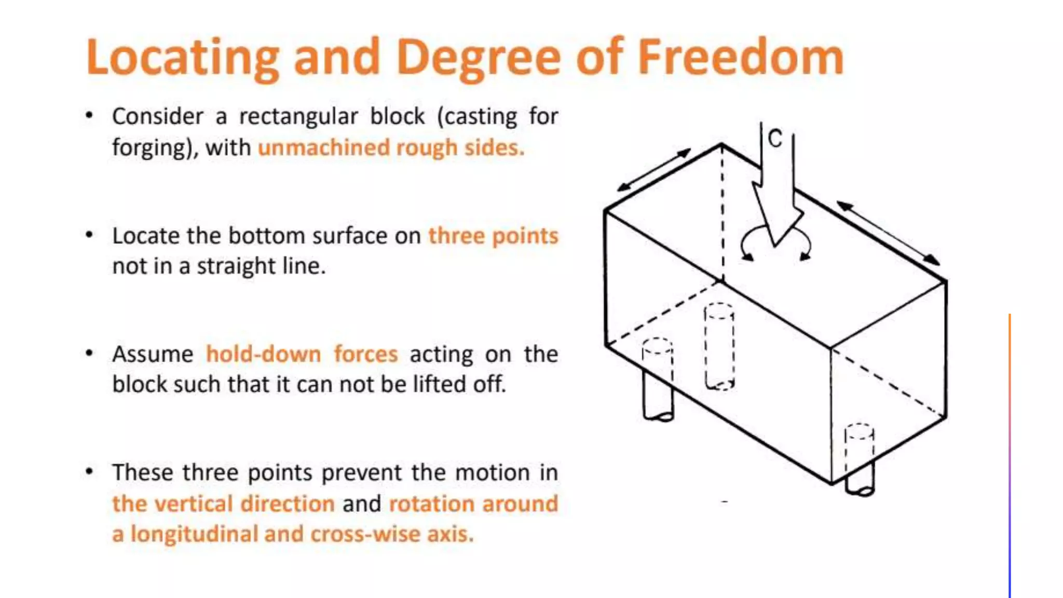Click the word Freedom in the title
pyautogui.click(x=740, y=57)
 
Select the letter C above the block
pyautogui.click(x=774, y=139)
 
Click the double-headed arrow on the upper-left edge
pyautogui.click(x=653, y=170)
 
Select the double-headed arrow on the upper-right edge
pyautogui.click(x=888, y=233)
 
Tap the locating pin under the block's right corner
pyautogui.click(x=860, y=475)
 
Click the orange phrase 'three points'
pyautogui.click(x=493, y=236)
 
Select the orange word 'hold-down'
pyautogui.click(x=263, y=354)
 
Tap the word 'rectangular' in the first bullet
pyautogui.click(x=298, y=116)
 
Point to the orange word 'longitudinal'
pyautogui.click(x=193, y=534)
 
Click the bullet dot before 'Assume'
pyautogui.click(x=89, y=354)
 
